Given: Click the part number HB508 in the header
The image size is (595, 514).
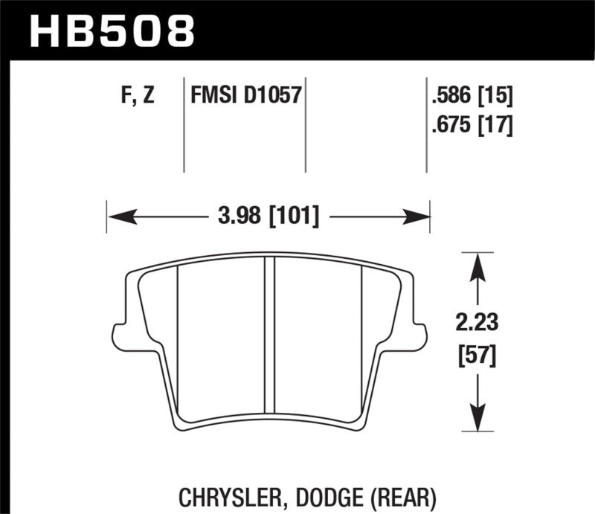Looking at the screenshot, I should (112, 30).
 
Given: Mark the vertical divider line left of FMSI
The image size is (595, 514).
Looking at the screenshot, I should (184, 123).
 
